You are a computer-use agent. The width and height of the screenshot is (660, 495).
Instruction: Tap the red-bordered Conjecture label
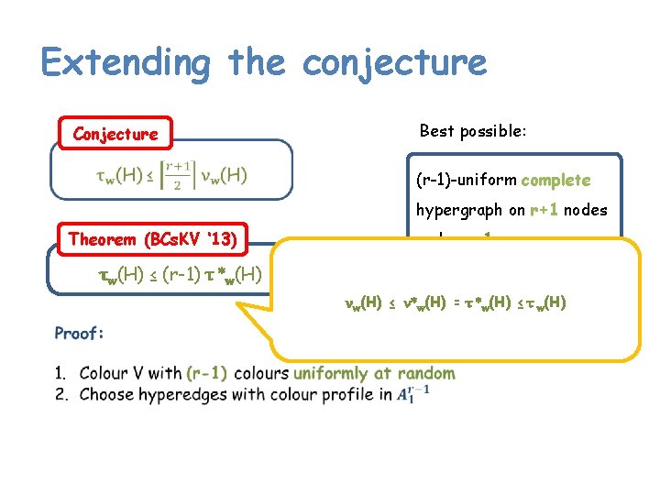point(115,135)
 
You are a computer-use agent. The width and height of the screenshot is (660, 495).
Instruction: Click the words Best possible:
point(473,131)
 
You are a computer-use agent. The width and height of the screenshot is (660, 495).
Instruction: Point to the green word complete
point(555,181)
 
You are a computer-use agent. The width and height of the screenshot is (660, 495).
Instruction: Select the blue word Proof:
point(80,333)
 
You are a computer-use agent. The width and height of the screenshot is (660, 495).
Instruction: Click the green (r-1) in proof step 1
point(206,373)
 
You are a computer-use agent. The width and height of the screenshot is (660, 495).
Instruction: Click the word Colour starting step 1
point(104,373)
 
